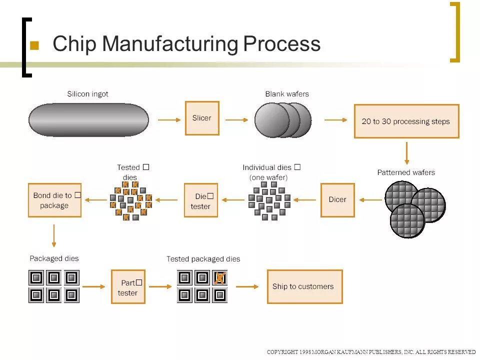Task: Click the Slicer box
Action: click(x=202, y=118)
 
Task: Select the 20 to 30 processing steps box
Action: click(x=406, y=121)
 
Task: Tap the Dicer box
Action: click(x=337, y=199)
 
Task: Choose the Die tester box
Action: click(x=201, y=200)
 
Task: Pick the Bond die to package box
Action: click(x=54, y=200)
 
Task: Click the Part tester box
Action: click(x=128, y=287)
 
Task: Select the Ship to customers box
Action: click(x=304, y=286)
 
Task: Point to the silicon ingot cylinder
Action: click(x=88, y=120)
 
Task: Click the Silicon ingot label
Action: click(x=87, y=94)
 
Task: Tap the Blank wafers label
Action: click(x=287, y=94)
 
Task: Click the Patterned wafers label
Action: click(x=406, y=172)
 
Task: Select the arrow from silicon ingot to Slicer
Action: click(x=169, y=120)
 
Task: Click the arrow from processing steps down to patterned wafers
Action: click(x=406, y=153)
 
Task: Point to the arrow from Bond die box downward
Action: click(x=54, y=235)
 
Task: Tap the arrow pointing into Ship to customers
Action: click(x=247, y=286)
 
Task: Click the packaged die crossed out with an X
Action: click(x=219, y=277)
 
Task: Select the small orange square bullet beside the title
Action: click(x=34, y=45)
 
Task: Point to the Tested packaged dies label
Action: click(x=203, y=259)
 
